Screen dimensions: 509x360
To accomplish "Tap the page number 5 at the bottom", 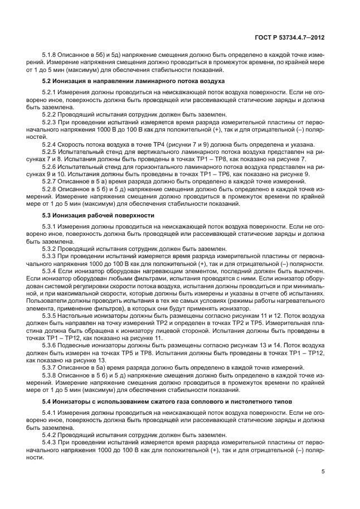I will pyautogui.click(x=323, y=472).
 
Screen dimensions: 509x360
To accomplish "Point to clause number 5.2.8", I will pyautogui.click(x=51, y=190).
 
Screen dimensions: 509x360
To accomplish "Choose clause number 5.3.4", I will pyautogui.click(x=51, y=270).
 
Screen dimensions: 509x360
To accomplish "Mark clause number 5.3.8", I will pyautogui.click(x=51, y=376).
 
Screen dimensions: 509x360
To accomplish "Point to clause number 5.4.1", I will pyautogui.click(x=51, y=413).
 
